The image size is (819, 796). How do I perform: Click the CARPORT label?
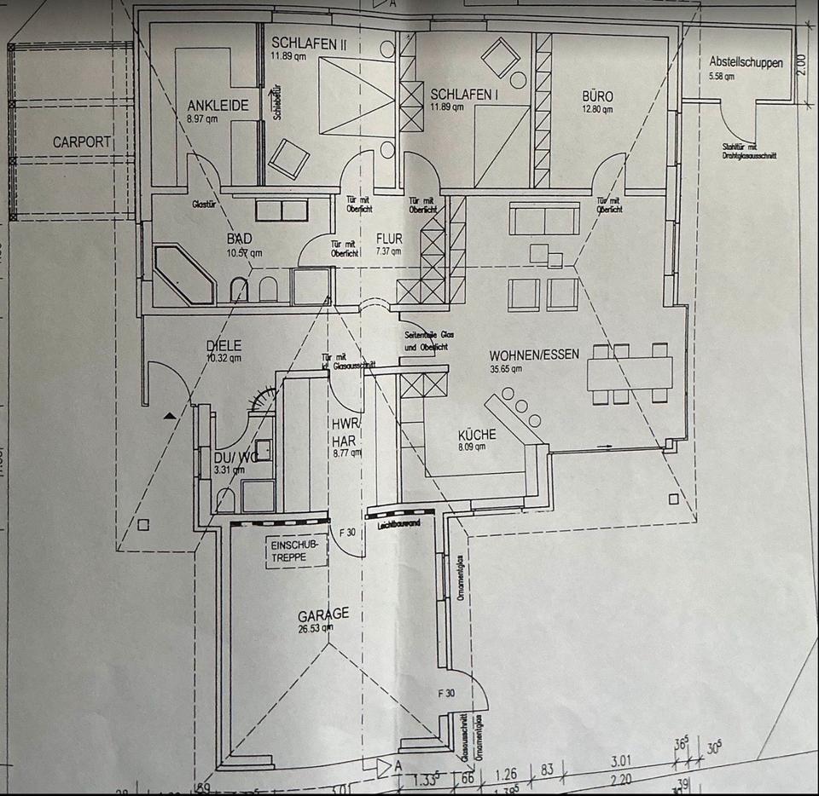[x=82, y=141]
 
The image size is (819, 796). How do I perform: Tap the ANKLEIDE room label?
[x=218, y=106]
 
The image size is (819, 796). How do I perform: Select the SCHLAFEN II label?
[x=304, y=43]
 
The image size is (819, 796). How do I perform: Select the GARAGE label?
[x=322, y=615]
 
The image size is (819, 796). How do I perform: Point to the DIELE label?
[x=224, y=345]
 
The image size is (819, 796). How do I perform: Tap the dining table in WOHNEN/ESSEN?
[x=629, y=373]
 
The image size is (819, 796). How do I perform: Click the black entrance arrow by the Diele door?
[x=173, y=415]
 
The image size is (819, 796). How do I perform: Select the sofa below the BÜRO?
[x=544, y=218]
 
